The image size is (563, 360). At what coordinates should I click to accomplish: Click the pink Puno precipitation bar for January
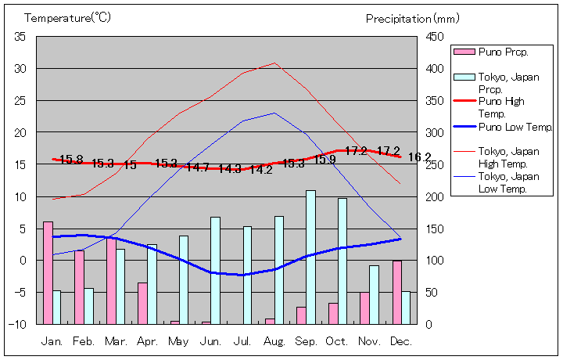48,272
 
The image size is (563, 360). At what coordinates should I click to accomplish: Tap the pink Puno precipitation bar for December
397,292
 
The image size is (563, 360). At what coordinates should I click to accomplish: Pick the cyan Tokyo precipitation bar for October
342,261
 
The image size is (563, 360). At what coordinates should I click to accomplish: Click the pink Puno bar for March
111,280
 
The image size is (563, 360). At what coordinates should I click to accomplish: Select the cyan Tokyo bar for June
215,270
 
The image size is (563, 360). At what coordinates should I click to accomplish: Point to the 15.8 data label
71,160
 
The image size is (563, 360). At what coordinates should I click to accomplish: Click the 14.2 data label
261,170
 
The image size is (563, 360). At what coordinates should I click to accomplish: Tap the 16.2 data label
419,157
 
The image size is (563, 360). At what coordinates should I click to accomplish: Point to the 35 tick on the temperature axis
20,37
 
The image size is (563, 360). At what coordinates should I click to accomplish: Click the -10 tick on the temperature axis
18,324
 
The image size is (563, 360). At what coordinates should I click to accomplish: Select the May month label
178,342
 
